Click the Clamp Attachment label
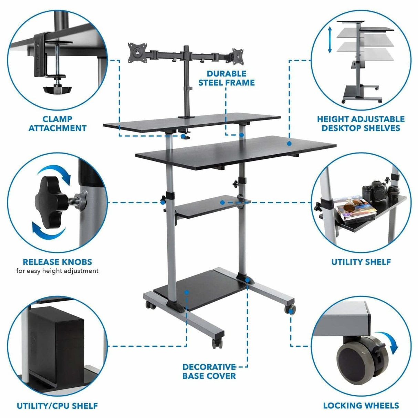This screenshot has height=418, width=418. pos(57,124)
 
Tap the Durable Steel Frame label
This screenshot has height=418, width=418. pos(226,78)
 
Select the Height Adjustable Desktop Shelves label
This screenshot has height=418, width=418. pos(360,124)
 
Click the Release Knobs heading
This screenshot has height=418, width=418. pos(57,262)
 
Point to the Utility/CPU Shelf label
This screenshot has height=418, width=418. pos(57,406)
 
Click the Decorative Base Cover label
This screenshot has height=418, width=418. pos(209,371)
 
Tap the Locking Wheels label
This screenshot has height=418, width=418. pos(360,406)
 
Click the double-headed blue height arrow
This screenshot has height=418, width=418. pos(330,40)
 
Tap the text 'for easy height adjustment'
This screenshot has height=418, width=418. pos(57,271)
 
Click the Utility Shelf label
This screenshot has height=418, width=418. pos(360,262)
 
